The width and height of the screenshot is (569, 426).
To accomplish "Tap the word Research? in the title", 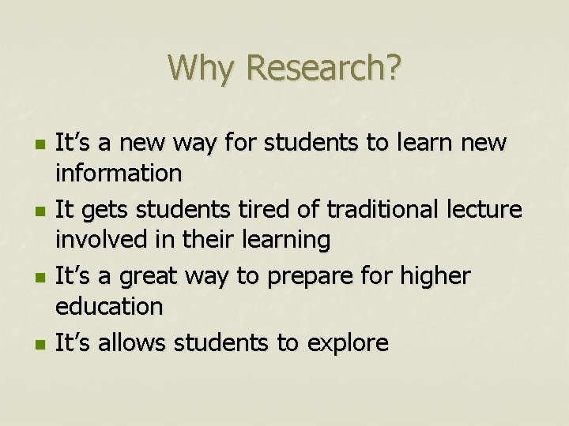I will click(x=324, y=68).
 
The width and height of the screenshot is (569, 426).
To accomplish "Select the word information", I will click(x=119, y=171).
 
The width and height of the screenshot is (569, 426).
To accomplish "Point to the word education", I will click(x=109, y=306).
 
